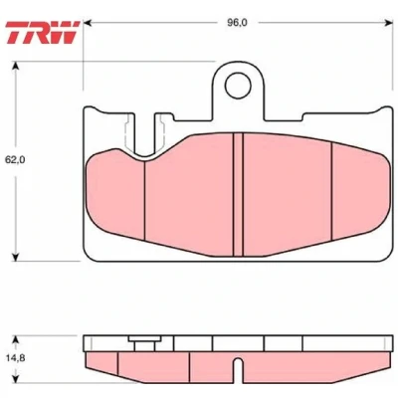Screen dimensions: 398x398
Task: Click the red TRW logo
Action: click(x=43, y=32)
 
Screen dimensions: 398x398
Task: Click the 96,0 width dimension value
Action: click(x=238, y=23)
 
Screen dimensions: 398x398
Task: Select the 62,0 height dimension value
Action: click(x=15, y=160)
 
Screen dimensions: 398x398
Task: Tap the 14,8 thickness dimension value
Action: click(x=14, y=358)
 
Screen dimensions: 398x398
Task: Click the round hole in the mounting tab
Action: click(x=238, y=86)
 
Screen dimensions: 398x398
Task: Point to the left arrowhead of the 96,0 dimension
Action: click(x=88, y=23)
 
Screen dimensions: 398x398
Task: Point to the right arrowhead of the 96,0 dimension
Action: click(x=388, y=23)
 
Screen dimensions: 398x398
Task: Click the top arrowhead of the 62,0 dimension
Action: click(x=15, y=66)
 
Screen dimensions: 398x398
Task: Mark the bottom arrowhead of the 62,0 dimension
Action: click(x=15, y=257)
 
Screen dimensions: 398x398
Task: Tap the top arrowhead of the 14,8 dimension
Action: click(x=15, y=339)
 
